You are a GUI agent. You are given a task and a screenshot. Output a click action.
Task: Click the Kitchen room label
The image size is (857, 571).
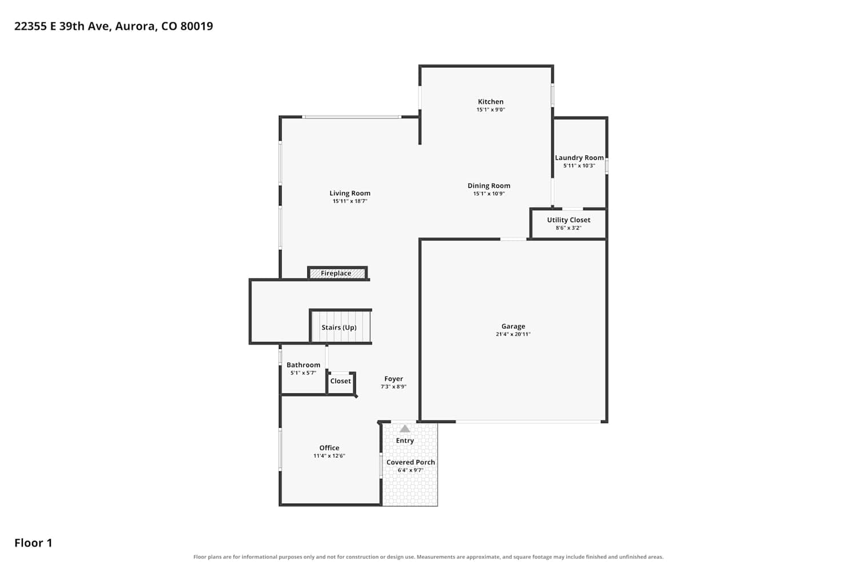490,102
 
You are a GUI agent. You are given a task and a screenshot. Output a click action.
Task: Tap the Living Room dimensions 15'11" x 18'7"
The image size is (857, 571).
350,201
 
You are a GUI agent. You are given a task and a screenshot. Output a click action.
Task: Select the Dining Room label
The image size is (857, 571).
488,186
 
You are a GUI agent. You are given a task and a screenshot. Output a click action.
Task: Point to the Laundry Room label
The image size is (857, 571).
579,158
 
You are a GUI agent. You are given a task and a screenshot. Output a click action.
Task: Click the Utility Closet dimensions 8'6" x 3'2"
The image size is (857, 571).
568,228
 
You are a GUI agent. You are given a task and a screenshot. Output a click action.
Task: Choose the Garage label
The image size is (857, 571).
513,326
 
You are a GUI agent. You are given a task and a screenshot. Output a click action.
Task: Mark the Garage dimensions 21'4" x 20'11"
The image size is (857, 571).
513,334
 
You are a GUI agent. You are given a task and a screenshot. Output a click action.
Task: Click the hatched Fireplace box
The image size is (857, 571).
337,273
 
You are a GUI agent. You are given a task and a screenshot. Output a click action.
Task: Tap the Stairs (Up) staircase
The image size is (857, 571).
340,326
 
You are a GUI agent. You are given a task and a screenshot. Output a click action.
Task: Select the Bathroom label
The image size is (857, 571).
303,365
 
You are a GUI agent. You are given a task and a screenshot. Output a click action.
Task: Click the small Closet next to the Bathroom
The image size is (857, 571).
341,383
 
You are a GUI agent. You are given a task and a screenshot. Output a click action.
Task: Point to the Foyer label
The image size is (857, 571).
394,379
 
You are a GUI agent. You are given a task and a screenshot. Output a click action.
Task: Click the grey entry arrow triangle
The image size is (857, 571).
405,429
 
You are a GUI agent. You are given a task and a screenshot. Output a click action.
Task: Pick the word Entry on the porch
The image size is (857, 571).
405,441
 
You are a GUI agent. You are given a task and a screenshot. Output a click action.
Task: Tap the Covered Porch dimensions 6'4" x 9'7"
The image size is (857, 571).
411,471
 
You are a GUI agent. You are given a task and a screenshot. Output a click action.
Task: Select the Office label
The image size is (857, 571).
329,448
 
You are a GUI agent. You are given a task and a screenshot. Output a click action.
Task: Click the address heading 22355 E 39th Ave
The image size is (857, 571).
63,26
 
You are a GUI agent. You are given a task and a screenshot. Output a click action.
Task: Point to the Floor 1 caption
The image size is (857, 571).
33,542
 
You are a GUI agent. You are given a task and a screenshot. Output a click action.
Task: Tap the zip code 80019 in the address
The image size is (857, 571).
197,26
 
